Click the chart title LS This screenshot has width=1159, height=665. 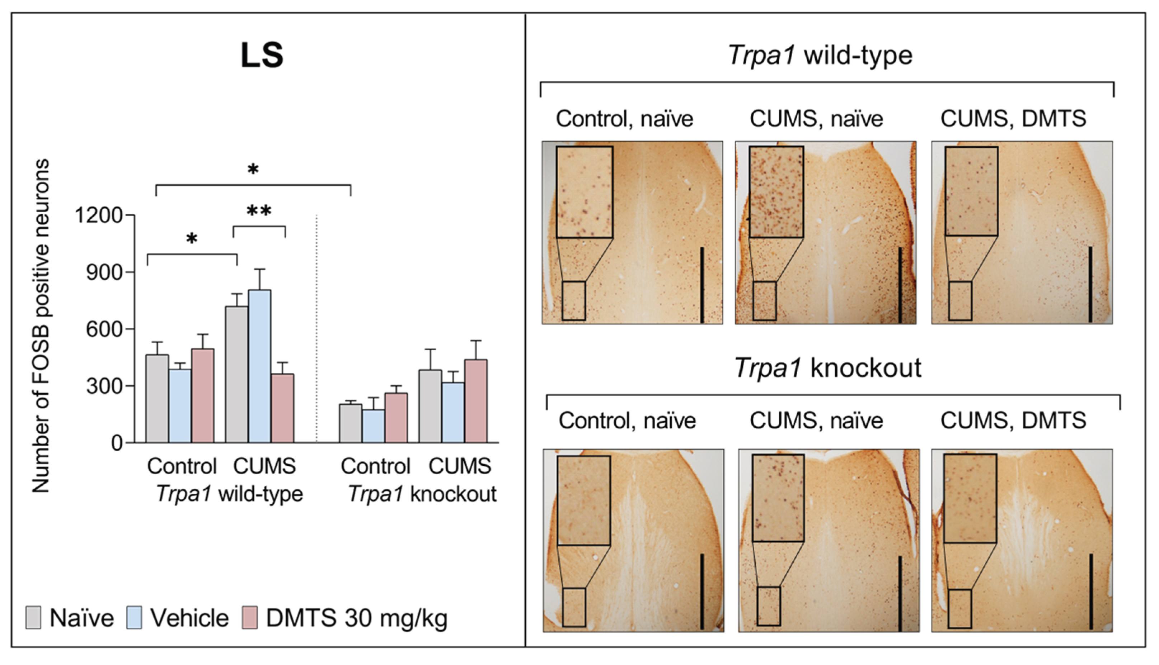[262, 55]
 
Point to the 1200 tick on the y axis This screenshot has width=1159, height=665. [99, 215]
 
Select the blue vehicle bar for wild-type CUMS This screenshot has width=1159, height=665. [259, 365]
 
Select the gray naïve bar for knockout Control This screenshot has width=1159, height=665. [351, 423]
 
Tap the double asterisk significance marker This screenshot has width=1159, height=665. [259, 212]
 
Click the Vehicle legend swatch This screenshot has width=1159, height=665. [134, 617]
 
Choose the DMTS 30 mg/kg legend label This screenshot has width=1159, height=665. [356, 618]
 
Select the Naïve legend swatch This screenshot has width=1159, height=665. [33, 617]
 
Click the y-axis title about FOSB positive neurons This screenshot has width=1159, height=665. [40, 326]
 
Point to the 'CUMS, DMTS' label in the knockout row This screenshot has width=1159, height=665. [1013, 420]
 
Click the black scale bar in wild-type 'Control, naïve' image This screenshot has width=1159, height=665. [702, 285]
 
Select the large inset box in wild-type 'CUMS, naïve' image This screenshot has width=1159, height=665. [776, 191]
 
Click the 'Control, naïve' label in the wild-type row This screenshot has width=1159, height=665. [624, 119]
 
